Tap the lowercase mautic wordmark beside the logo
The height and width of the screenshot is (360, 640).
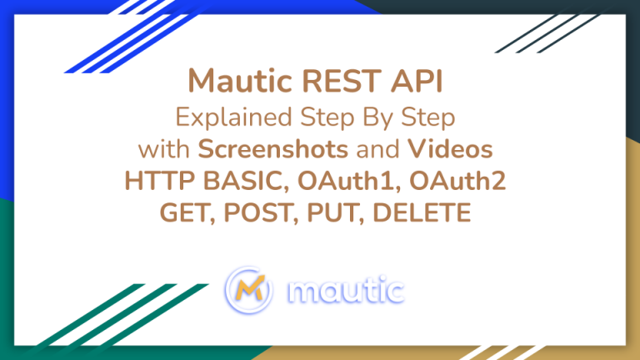click(343, 291)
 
